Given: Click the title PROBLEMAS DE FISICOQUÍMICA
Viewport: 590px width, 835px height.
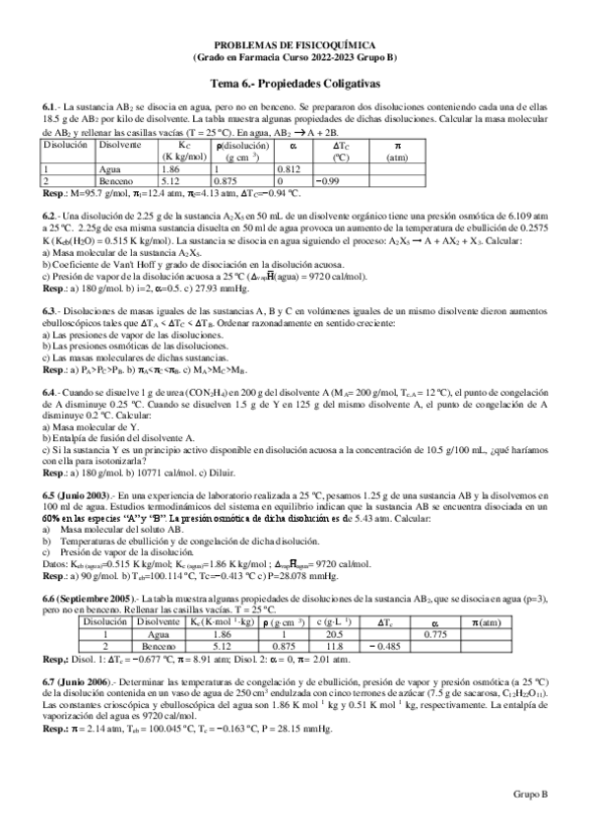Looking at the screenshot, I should [295, 46].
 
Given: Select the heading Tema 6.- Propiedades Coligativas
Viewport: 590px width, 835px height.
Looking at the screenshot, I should [295, 85].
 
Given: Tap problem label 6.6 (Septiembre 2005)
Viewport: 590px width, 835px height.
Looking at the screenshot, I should [90, 599].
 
